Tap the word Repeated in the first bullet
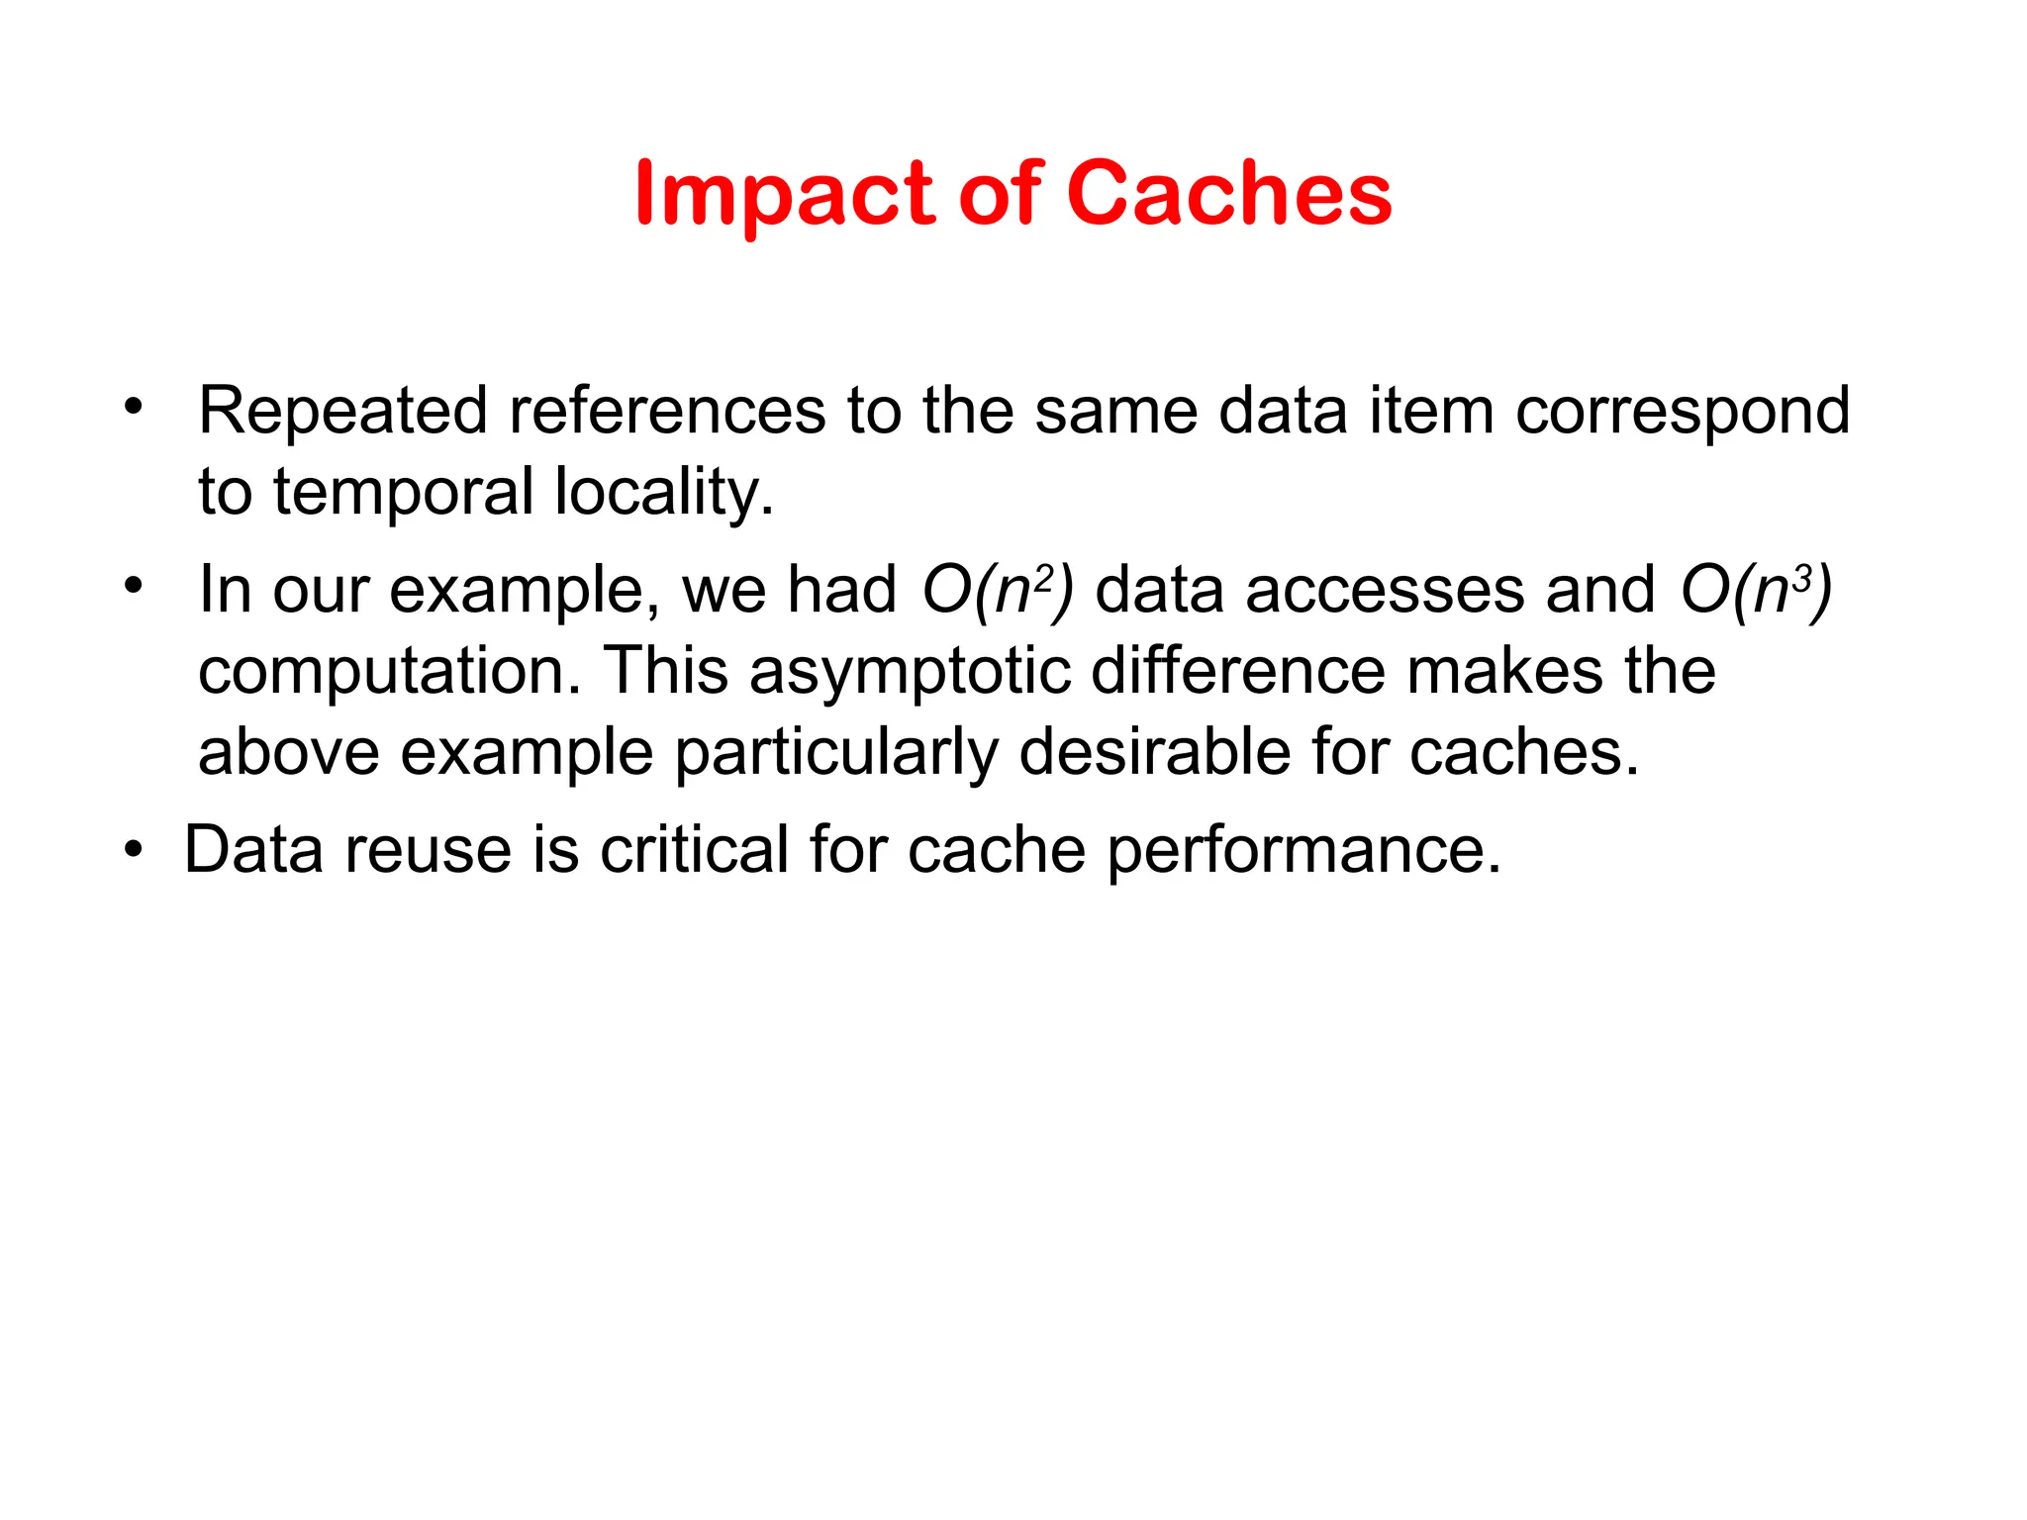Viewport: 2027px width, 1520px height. tap(342, 412)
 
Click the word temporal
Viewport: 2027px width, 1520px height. tap(403, 493)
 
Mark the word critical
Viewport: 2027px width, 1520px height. tap(694, 850)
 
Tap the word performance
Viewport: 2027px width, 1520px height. tap(1303, 852)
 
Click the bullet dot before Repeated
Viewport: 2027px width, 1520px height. tap(134, 406)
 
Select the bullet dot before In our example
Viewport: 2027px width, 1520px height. tap(134, 586)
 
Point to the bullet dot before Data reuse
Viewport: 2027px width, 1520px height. tap(134, 848)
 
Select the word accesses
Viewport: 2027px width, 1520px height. tap(1386, 592)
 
